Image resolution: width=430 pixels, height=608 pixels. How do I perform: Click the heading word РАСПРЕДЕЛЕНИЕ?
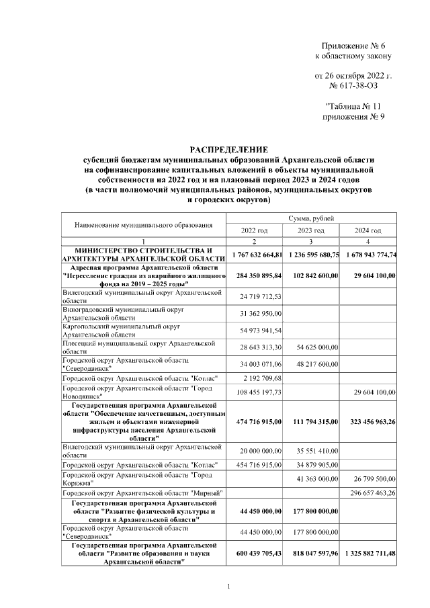coord(228,148)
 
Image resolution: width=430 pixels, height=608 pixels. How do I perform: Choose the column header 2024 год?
coord(372,230)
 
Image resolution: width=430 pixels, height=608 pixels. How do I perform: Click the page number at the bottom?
coord(228,588)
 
